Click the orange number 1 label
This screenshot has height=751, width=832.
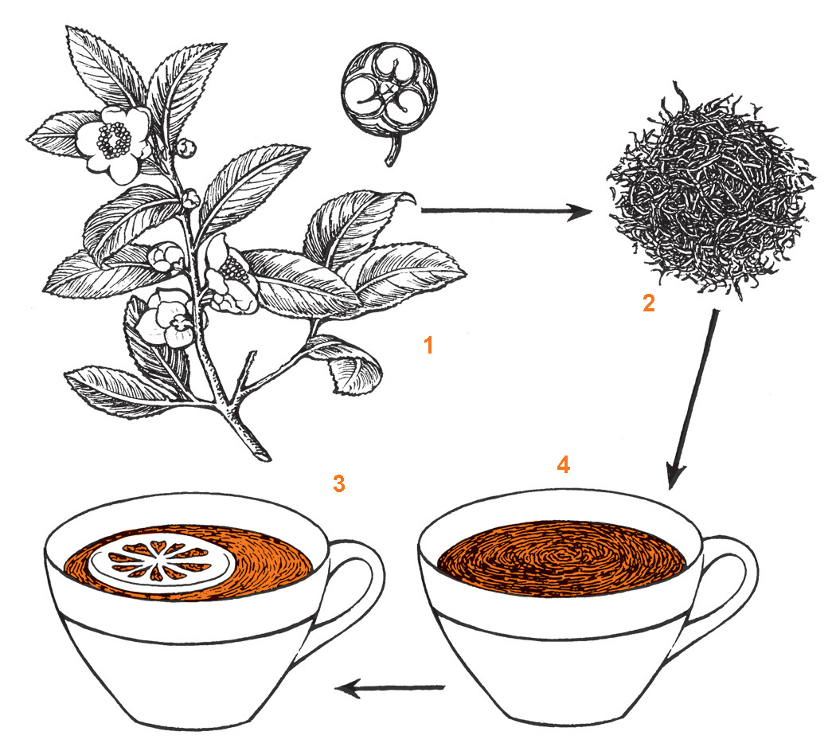428,346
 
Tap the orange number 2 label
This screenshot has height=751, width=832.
648,303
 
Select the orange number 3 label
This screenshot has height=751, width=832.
339,483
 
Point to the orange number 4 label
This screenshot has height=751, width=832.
564,464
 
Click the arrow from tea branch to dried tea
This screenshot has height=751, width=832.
506,211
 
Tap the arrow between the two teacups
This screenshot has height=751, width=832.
390,688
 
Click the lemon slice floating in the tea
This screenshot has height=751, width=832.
161,562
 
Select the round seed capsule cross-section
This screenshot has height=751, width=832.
390,89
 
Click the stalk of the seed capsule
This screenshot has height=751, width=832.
392,151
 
